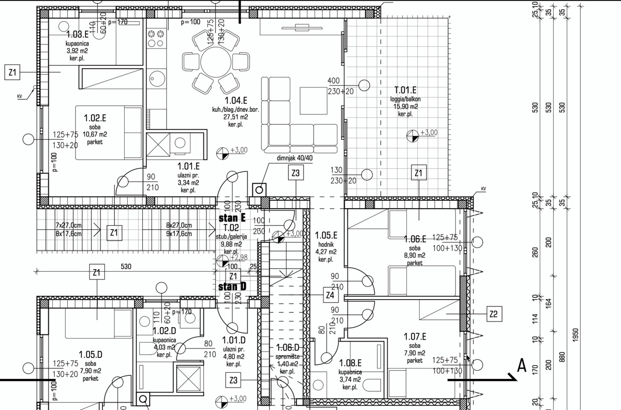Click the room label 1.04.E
[235, 100]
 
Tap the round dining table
[216, 62]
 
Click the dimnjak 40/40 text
[280, 157]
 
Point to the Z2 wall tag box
[494, 313]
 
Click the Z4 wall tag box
[330, 295]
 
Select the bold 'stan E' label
[232, 218]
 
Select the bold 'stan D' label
[232, 287]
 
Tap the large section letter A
[522, 366]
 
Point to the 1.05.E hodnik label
[326, 235]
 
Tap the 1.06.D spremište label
[288, 348]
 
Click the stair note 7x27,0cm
[69, 225]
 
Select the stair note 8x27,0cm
[179, 225]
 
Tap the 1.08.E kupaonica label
[350, 364]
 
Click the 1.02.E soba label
[95, 118]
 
